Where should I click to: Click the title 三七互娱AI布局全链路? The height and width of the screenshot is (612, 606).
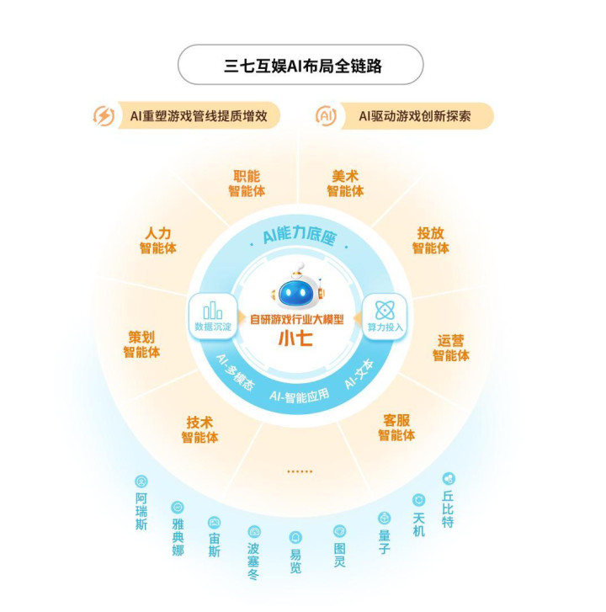click(303, 66)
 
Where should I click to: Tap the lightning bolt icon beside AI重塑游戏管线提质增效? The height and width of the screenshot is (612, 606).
click(104, 116)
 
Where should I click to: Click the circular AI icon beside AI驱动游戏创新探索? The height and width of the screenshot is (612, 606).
click(326, 116)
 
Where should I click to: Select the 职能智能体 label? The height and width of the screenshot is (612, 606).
click(247, 184)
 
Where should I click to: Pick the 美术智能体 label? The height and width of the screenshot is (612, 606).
click(345, 184)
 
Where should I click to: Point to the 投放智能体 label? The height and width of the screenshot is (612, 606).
click(431, 241)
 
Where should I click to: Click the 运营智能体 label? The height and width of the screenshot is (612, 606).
click(450, 349)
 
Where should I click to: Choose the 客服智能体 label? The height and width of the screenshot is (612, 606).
click(396, 428)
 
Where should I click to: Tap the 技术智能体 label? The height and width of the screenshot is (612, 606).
click(199, 429)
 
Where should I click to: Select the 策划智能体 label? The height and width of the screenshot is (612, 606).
click(141, 344)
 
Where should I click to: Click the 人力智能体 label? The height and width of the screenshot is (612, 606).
click(158, 241)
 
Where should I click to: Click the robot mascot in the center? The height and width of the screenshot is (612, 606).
click(299, 287)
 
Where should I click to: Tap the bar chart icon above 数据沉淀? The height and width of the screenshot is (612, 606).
click(213, 311)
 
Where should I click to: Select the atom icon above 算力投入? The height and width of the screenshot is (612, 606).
click(385, 311)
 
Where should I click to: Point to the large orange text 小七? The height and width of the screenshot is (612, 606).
click(295, 338)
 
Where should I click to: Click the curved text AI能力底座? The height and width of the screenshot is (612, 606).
click(300, 236)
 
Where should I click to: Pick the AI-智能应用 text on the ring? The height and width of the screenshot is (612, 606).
click(300, 396)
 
